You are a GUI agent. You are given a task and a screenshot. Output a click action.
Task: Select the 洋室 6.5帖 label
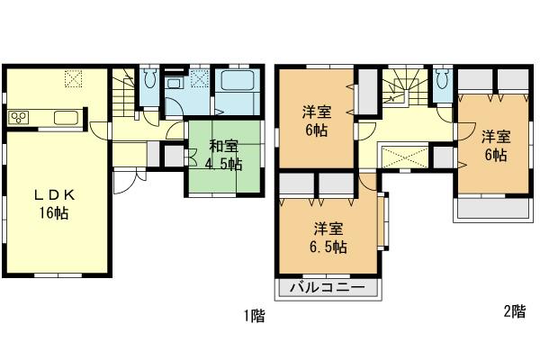point(330,238)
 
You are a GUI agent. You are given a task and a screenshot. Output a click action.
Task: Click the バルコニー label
point(327,289)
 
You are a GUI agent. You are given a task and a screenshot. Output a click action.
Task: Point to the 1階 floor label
point(254,316)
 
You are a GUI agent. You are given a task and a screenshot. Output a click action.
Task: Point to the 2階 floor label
point(514,311)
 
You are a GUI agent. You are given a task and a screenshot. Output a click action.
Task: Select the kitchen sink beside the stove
point(67,118)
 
